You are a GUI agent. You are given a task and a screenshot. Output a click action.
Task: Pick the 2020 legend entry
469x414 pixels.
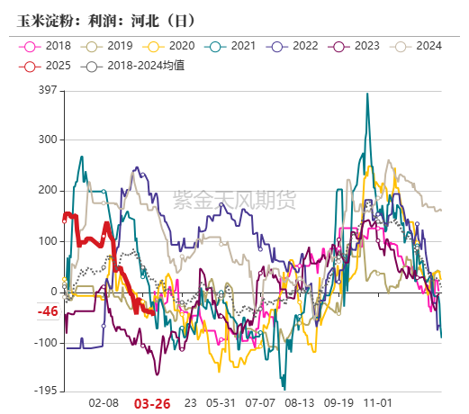click(170, 46)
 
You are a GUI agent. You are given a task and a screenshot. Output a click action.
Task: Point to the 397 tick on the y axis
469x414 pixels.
click(47, 89)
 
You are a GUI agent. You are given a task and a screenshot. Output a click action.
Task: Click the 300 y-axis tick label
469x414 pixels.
click(47, 139)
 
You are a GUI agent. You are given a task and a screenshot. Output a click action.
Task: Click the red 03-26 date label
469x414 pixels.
click(152, 404)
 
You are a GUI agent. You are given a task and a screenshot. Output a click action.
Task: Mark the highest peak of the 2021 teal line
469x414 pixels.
click(367, 94)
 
